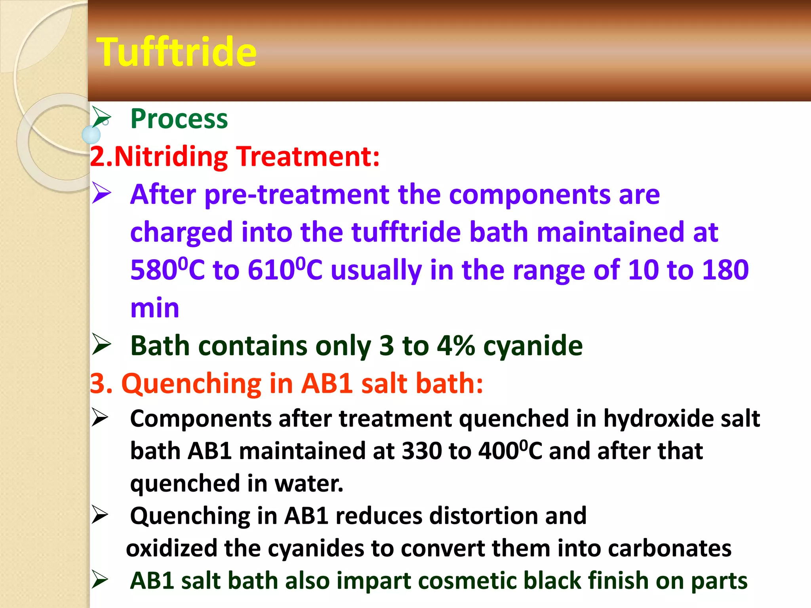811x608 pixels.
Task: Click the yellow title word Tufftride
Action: [x=177, y=52]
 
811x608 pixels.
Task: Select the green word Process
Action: [x=179, y=119]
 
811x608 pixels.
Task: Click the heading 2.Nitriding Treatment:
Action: [x=234, y=156]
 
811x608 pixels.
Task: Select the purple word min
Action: [x=155, y=308]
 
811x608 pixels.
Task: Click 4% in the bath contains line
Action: [x=455, y=346]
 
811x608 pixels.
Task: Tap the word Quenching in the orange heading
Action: [x=191, y=384]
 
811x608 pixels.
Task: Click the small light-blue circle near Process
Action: [x=91, y=135]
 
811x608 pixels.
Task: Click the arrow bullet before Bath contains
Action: [x=101, y=344]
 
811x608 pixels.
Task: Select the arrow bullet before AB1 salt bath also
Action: [x=100, y=580]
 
